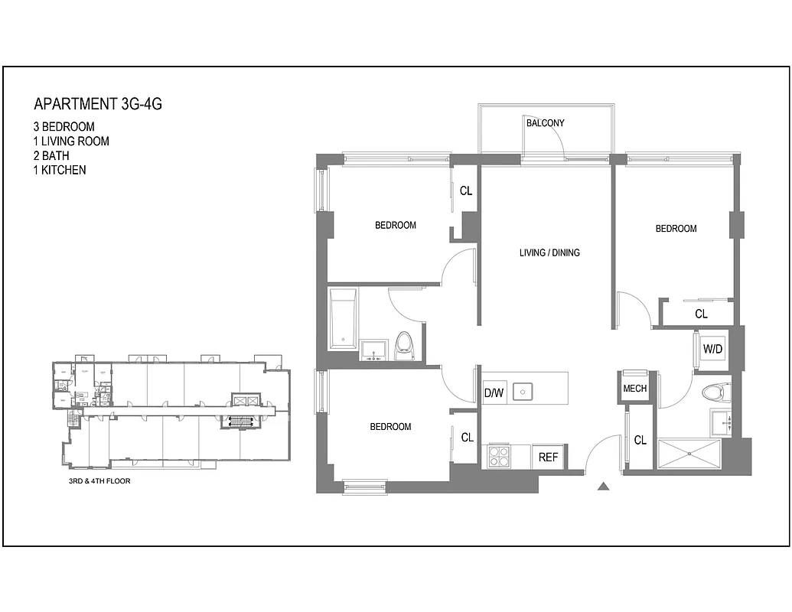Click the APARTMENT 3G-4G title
(x=98, y=105)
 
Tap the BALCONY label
(x=545, y=123)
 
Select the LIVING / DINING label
(x=549, y=252)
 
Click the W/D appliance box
(x=712, y=349)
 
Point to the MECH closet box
(x=634, y=389)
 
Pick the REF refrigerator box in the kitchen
(x=548, y=457)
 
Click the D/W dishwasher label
(x=494, y=393)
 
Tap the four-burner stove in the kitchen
(x=499, y=457)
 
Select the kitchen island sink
(x=523, y=392)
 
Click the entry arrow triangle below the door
(x=603, y=486)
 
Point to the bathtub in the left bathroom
(x=341, y=317)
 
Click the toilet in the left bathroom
(x=404, y=345)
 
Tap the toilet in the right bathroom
(x=714, y=392)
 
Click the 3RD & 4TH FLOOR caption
(x=99, y=483)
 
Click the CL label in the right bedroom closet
(x=701, y=314)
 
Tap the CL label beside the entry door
(x=640, y=441)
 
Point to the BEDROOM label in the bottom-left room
(x=390, y=427)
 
